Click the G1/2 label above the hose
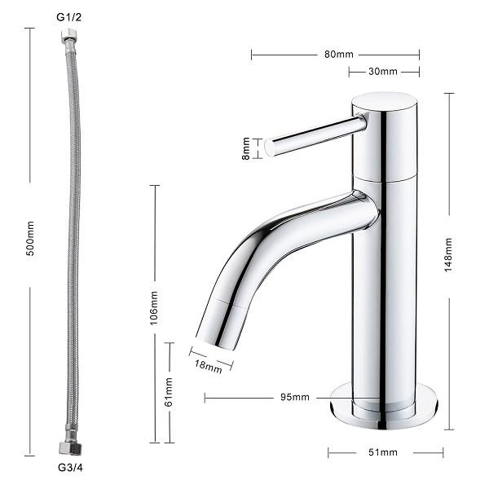click(x=69, y=17)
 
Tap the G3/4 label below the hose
click(x=70, y=468)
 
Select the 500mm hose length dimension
click(x=30, y=239)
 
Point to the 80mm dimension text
click(x=339, y=55)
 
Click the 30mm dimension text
click(x=383, y=72)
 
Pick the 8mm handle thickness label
click(x=246, y=148)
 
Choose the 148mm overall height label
click(x=448, y=255)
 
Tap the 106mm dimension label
click(x=154, y=308)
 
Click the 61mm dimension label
click(x=169, y=392)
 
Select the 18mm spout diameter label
click(x=209, y=367)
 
